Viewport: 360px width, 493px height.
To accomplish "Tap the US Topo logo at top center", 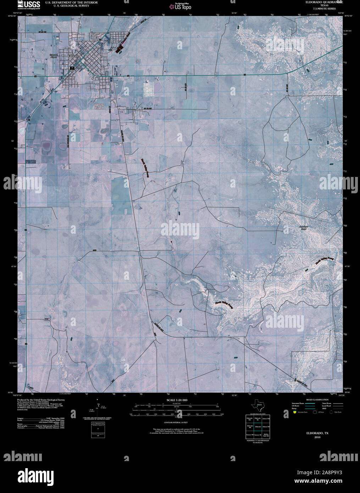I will (x=180, y=6).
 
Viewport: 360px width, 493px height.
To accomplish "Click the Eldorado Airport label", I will (x=53, y=56).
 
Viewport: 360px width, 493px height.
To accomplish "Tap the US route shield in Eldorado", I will (x=72, y=67).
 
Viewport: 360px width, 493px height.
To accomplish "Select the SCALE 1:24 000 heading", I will (x=177, y=400).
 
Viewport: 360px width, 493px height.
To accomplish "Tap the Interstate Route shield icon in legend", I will (x=295, y=412).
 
